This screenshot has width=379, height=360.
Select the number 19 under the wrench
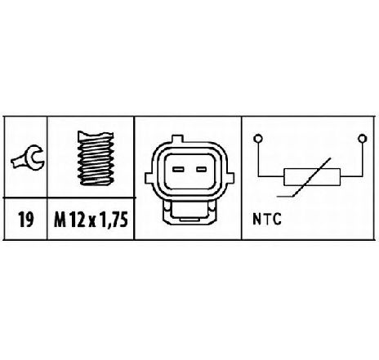[x=26, y=220]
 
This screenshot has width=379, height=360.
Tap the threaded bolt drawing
[x=96, y=158]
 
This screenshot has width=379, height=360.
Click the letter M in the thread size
[x=60, y=220]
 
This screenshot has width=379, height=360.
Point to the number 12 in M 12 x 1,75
[x=76, y=220]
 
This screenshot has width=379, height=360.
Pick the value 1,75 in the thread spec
[x=114, y=220]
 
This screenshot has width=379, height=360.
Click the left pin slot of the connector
[x=178, y=169]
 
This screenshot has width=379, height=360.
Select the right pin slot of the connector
[x=202, y=169]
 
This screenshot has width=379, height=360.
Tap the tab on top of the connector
[x=178, y=139]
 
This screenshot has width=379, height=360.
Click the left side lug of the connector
[x=149, y=178]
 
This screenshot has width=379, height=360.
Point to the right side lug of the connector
[x=230, y=178]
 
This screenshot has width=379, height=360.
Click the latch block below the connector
[x=189, y=212]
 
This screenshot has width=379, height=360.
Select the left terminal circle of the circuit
[x=257, y=139]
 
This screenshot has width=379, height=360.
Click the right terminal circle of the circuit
[x=362, y=139]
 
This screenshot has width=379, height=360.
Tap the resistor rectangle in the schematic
[x=312, y=177]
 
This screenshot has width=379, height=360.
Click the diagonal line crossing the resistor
[x=312, y=177]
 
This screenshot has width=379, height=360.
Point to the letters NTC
[x=267, y=220]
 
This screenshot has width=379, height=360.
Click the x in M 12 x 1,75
[x=92, y=221]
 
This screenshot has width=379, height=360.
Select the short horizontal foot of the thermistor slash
[x=284, y=196]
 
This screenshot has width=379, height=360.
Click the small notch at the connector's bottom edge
[x=189, y=219]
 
